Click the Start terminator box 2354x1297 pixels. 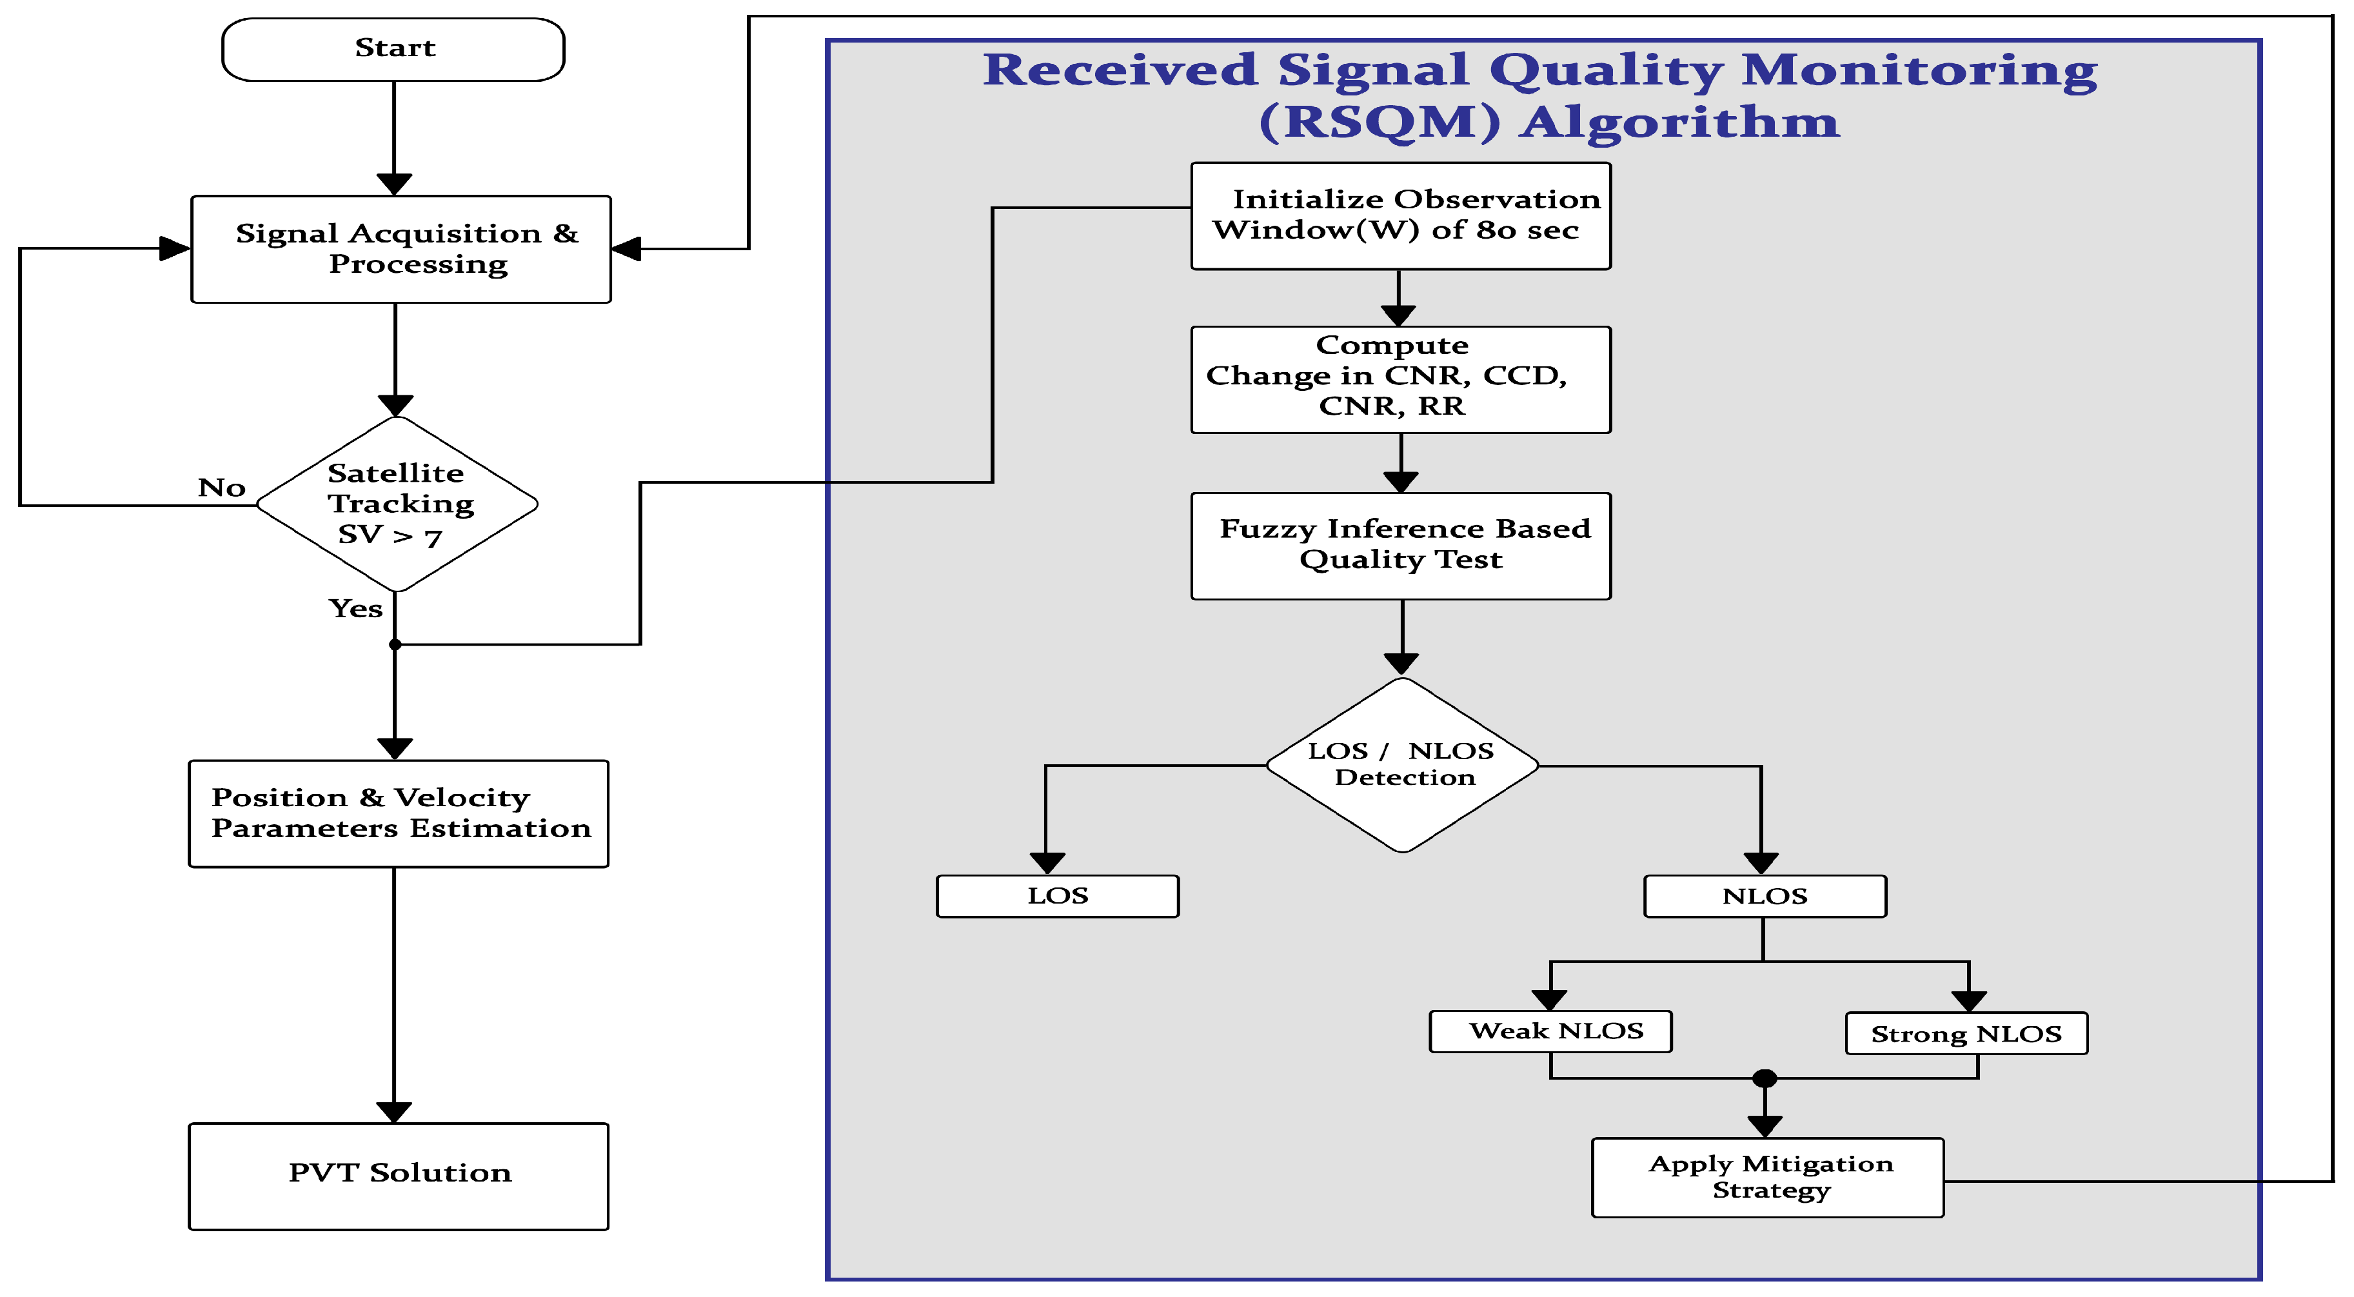click(393, 50)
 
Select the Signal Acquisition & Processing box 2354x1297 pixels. click(401, 248)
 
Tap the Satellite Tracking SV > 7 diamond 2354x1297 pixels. click(397, 504)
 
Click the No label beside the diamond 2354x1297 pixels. click(221, 487)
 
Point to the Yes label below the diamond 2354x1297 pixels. click(355, 608)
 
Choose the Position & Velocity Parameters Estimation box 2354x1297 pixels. click(399, 813)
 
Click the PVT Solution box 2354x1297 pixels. click(399, 1176)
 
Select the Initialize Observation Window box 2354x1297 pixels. click(1400, 215)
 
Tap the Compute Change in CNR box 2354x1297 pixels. click(1400, 379)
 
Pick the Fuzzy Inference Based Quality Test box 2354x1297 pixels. click(1400, 546)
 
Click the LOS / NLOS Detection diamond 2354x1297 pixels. click(1402, 764)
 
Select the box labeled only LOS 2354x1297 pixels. click(1057, 896)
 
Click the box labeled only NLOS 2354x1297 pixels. click(1764, 896)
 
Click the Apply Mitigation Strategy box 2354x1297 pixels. click(1766, 1176)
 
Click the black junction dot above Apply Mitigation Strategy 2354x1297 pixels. click(1765, 1078)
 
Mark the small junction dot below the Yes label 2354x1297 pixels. click(395, 644)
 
